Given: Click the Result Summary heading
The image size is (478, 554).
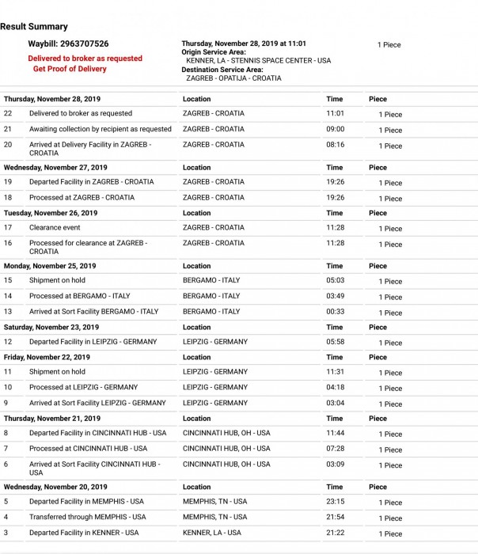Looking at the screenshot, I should [34, 27].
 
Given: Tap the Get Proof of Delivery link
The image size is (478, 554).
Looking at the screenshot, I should [70, 69].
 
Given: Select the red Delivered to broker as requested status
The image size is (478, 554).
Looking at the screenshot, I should [85, 59].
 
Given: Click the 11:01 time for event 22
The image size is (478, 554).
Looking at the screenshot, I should [335, 113].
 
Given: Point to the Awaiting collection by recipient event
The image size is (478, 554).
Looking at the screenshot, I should [101, 129].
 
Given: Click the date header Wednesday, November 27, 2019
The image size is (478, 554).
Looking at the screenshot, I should [55, 168].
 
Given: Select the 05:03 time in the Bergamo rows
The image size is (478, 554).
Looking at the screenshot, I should [335, 280].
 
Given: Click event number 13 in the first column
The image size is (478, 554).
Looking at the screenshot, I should [8, 312].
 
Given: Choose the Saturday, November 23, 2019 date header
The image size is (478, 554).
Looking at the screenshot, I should [51, 327].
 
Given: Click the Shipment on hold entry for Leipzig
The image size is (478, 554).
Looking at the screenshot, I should [57, 372].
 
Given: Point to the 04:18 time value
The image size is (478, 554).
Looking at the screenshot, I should [335, 387].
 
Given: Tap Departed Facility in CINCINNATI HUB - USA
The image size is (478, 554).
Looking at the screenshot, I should [98, 433].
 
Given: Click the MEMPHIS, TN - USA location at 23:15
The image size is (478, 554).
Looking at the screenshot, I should [214, 502].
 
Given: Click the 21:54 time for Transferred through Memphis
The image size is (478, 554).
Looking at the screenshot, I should [335, 517].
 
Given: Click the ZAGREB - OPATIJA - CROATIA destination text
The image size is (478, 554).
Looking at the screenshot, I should [233, 78].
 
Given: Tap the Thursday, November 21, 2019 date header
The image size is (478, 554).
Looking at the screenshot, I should [52, 419].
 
